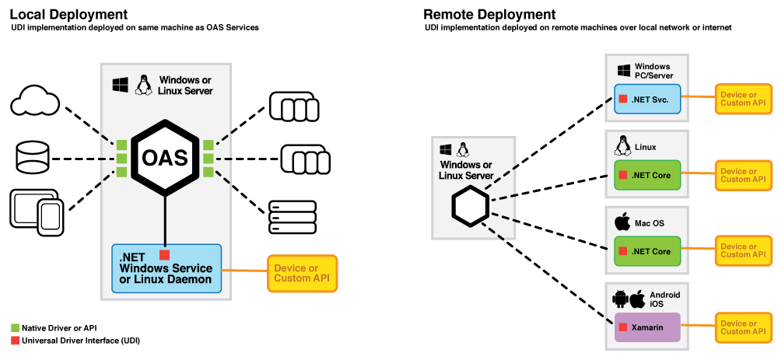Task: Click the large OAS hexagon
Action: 165,158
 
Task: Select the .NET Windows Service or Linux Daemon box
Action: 166,268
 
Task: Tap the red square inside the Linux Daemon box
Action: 164,255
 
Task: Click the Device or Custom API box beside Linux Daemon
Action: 302,273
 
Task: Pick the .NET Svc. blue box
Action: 647,100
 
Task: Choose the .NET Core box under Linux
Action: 647,175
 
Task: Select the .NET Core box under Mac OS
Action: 647,251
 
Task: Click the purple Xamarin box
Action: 647,327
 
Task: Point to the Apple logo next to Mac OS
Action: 622,222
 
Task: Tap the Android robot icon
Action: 620,299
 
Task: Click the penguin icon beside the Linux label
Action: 622,146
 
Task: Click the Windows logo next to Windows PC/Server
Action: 623,71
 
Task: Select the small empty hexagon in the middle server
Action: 471,207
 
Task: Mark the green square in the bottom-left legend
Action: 15,328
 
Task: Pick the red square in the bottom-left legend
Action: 15,340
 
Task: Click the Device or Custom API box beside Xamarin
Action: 743,327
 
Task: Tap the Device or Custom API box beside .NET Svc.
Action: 743,99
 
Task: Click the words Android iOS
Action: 665,299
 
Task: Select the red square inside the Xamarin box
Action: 622,327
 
